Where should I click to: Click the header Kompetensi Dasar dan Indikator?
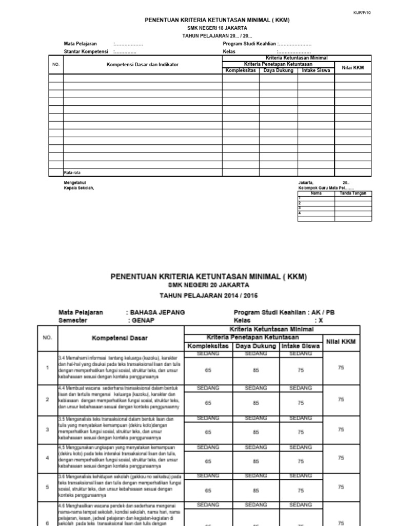pos(143,65)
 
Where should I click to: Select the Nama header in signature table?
pos(317,194)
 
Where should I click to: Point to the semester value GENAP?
pos(143,320)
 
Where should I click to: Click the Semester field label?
pos(73,320)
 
